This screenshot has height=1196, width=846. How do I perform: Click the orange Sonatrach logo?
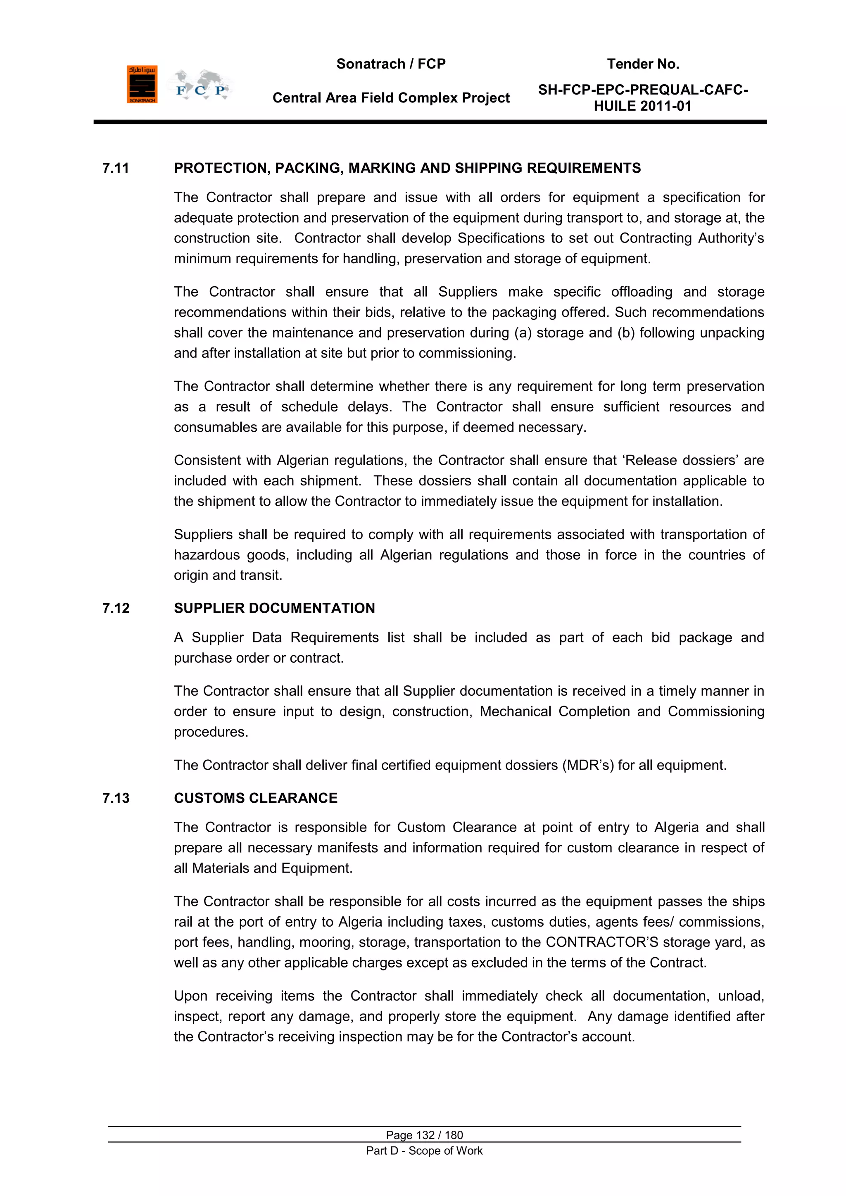142,84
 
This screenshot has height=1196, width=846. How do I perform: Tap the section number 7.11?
115,168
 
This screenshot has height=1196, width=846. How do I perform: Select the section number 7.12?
116,609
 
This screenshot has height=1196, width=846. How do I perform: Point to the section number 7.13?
116,798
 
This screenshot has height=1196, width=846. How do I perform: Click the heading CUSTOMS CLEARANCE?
255,798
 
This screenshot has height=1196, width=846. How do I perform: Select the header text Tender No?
643,64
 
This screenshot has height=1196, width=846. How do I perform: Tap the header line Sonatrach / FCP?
391,64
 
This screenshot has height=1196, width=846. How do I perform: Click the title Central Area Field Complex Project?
391,98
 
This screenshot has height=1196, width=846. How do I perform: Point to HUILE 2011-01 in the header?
642,106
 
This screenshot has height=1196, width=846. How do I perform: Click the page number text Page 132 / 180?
424,1135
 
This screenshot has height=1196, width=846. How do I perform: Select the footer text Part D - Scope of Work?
424,1151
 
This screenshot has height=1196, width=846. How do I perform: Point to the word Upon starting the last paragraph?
191,996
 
